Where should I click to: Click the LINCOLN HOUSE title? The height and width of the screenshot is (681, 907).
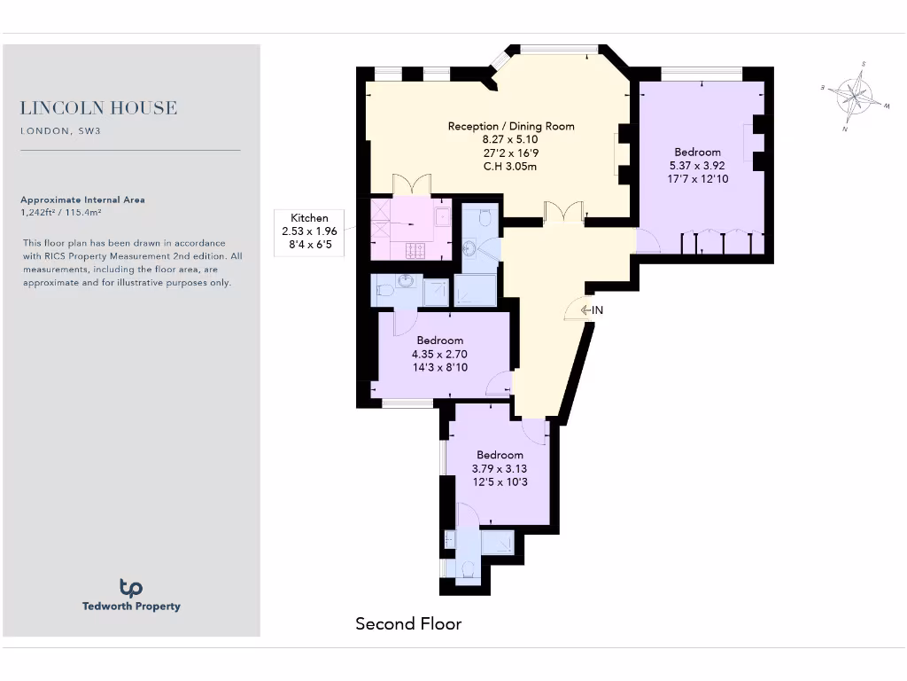pos(98,108)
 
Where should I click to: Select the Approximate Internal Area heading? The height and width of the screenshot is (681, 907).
pos(82,200)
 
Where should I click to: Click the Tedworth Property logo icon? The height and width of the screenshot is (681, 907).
pos(131,587)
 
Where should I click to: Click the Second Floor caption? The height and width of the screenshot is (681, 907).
pos(408,624)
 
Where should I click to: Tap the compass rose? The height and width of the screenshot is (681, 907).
pos(855,96)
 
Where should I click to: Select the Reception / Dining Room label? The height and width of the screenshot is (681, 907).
pos(511,126)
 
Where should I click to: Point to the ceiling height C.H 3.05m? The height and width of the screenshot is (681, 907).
pos(510,166)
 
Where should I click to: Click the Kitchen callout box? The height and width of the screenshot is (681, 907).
pos(309,232)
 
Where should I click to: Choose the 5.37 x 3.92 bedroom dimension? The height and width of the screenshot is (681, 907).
pos(697,165)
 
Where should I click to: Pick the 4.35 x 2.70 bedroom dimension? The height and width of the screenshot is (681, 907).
pos(439,354)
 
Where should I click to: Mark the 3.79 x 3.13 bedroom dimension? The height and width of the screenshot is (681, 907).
pos(500,469)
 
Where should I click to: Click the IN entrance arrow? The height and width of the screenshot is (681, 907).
pos(593,309)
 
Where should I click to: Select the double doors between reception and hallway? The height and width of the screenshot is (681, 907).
pos(563,211)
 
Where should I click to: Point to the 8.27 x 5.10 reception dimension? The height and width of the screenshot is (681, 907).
pos(511,139)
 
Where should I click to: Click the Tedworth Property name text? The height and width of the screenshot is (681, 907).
pos(131,607)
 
